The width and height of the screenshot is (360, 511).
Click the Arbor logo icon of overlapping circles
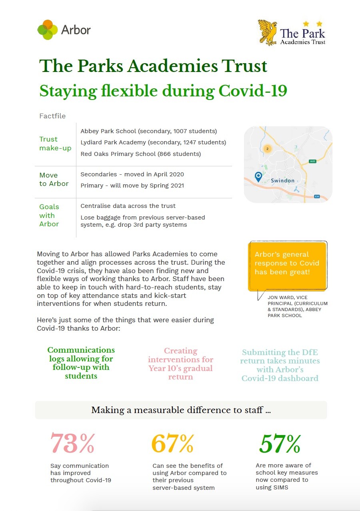click(x=48, y=30)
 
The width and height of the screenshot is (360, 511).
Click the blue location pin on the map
click(x=258, y=176)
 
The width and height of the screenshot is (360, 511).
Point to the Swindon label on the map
click(x=282, y=180)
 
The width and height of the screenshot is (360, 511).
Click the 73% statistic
click(x=72, y=443)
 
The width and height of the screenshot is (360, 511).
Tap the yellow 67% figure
click(x=172, y=443)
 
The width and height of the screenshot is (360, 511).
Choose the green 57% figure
click(x=280, y=443)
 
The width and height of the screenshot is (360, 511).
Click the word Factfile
click(x=52, y=116)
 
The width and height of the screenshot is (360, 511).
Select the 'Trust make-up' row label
click(x=55, y=144)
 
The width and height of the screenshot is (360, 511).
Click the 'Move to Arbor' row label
click(x=54, y=180)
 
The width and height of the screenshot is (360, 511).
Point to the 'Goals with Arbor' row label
click(x=49, y=215)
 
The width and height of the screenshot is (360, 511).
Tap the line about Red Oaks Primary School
click(x=140, y=154)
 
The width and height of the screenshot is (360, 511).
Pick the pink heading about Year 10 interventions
click(x=181, y=363)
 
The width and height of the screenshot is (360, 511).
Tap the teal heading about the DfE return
click(x=280, y=365)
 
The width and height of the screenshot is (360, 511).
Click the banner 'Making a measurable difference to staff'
click(x=181, y=410)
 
